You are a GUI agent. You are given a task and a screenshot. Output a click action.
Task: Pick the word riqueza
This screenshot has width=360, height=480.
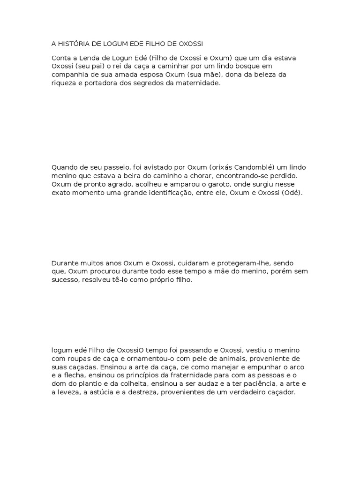pos(64,83)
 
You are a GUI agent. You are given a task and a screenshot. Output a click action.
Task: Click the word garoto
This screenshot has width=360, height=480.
pos(216,184)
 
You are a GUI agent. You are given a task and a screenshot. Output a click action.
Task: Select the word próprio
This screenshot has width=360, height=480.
pos(162,280)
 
